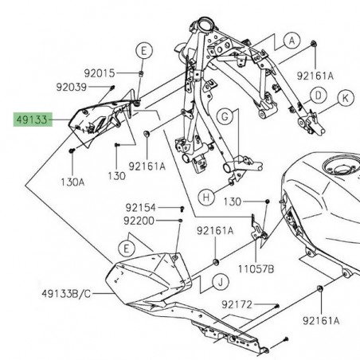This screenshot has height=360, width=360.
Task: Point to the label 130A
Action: [x=71, y=182]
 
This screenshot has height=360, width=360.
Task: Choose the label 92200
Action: [x=139, y=221]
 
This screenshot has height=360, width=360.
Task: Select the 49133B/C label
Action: [x=66, y=294]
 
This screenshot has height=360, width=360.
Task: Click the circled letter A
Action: [x=291, y=39]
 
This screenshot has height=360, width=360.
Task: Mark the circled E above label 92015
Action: [x=143, y=51]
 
